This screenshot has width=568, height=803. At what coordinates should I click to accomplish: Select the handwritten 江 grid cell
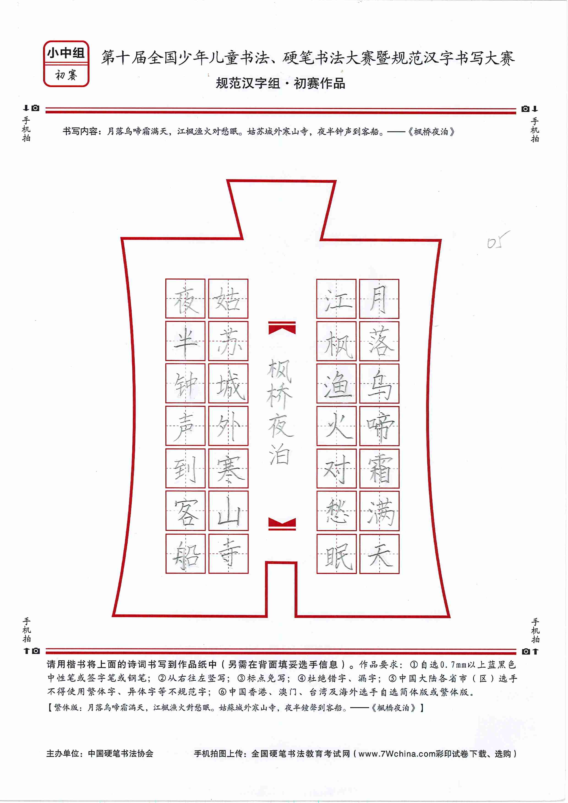click(x=336, y=299)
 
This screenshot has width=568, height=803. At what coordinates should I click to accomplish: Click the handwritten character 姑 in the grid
click(x=228, y=299)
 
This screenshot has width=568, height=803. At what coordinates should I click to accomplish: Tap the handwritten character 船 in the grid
click(x=186, y=555)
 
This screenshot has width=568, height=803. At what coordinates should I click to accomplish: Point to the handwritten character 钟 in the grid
click(x=186, y=384)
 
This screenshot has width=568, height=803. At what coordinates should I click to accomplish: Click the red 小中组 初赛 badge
click(x=66, y=64)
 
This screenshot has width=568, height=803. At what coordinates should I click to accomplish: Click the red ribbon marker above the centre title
click(x=282, y=328)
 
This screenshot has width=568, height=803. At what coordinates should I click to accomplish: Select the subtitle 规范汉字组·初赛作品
click(x=280, y=83)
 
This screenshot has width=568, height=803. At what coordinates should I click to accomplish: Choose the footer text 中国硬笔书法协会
click(x=120, y=753)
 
